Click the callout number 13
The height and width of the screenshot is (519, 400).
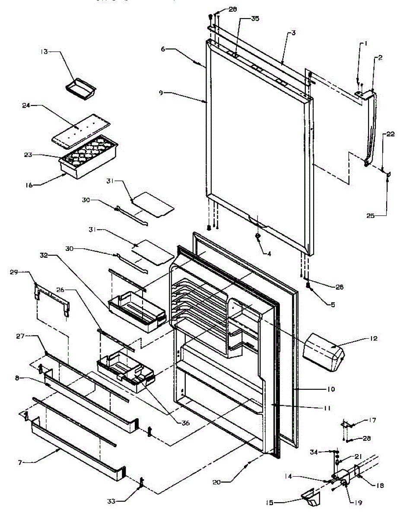44,51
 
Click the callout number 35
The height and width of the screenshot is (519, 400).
255,19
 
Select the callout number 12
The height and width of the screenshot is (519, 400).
373,339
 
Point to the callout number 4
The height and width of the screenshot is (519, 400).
270,254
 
